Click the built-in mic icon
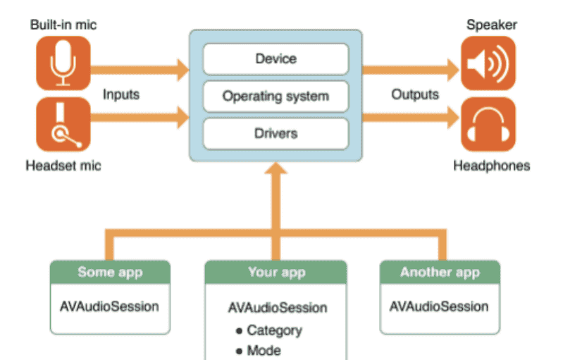[x=63, y=63]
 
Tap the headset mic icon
[x=63, y=125]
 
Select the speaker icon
[x=488, y=63]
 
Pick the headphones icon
[x=488, y=125]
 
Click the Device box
[x=275, y=59]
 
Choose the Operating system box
[x=275, y=96]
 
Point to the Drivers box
[x=275, y=133]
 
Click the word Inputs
[x=120, y=94]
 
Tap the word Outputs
[x=415, y=94]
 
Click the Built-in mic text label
[x=63, y=25]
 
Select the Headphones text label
[x=491, y=166]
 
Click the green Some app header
[x=110, y=272]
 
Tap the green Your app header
[x=275, y=272]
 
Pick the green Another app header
[x=440, y=272]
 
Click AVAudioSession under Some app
[x=109, y=306]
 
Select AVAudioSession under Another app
[x=439, y=306]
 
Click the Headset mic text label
[x=63, y=166]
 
